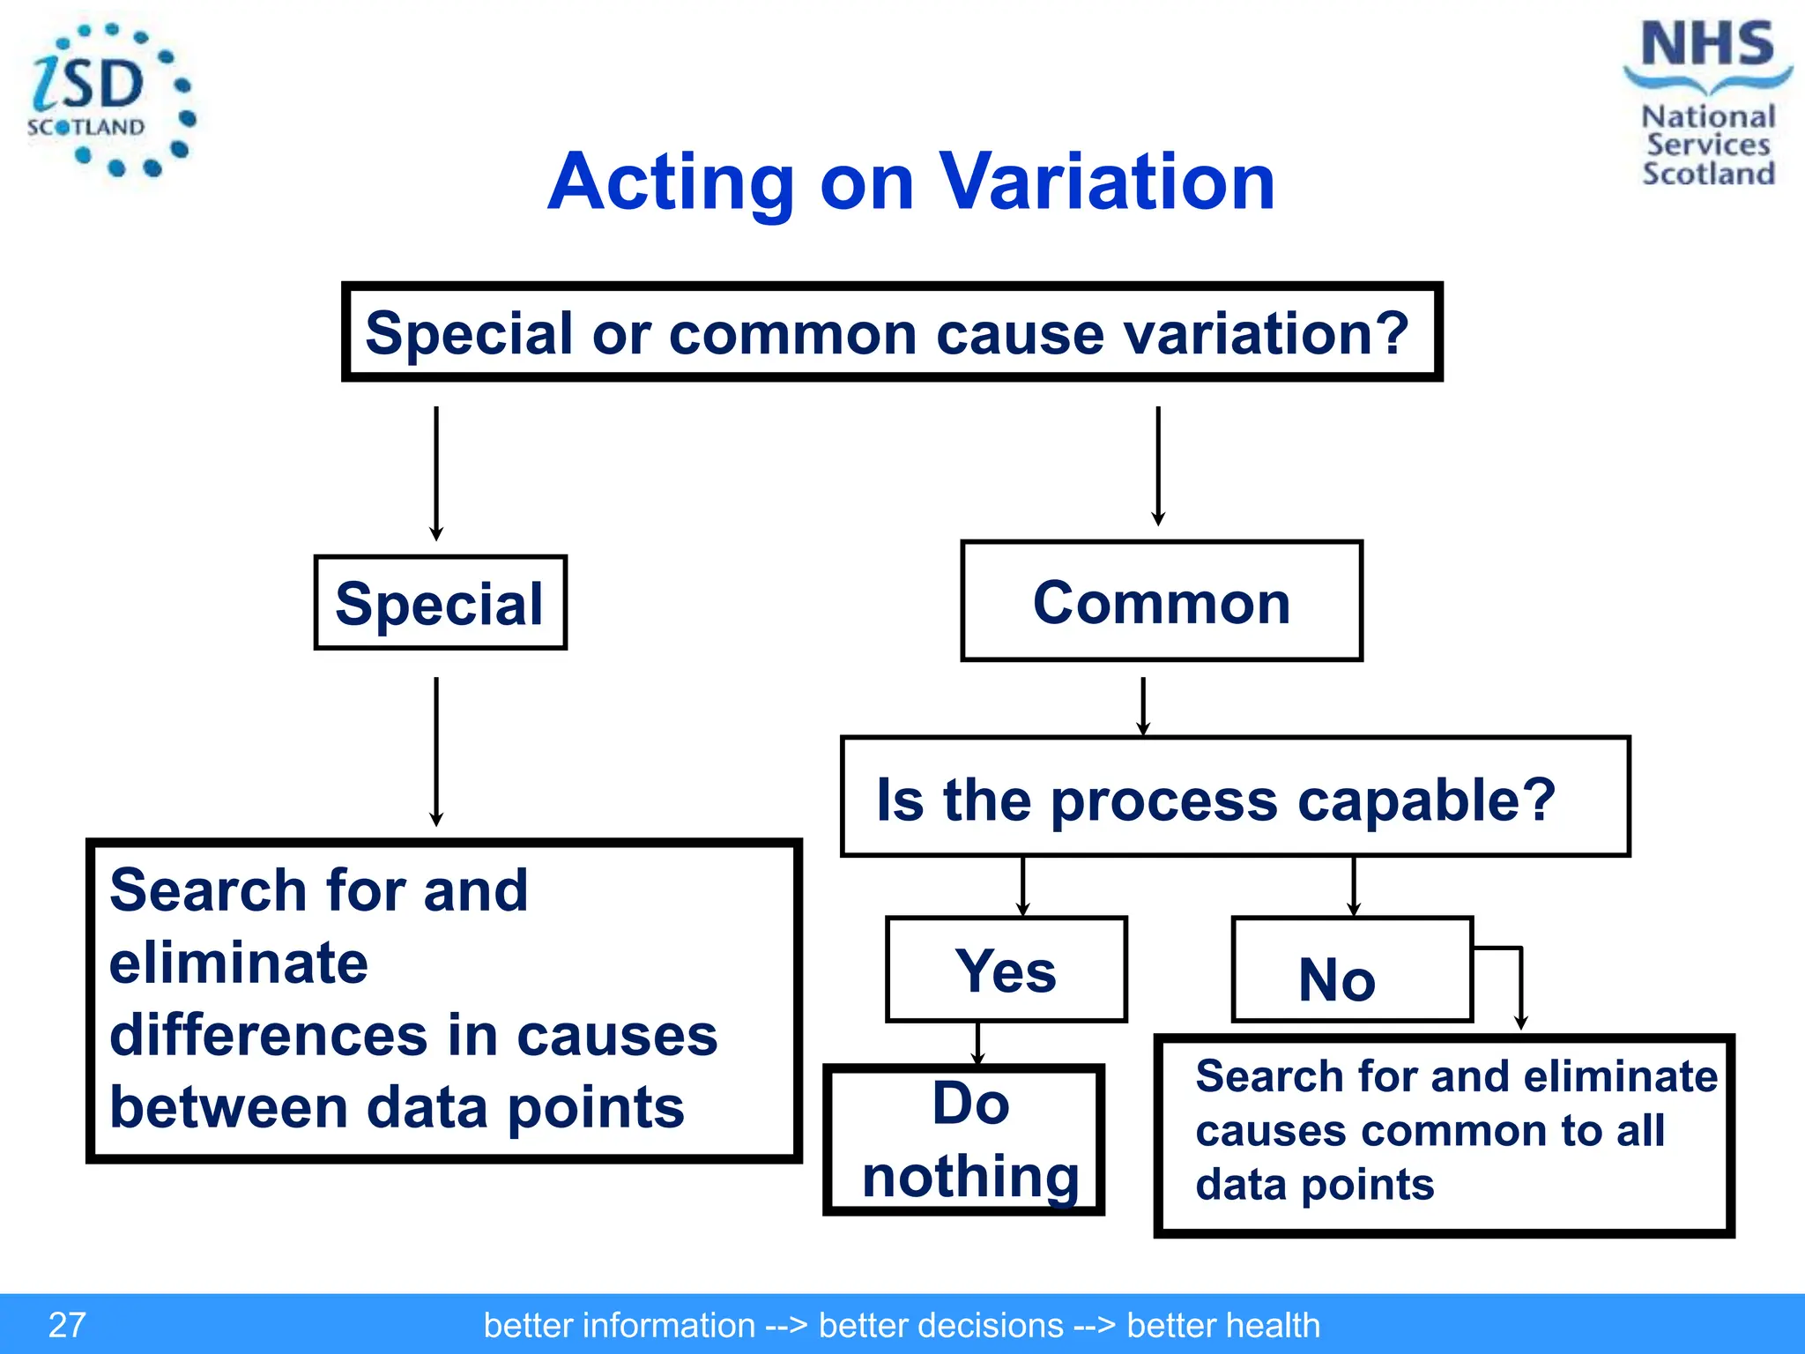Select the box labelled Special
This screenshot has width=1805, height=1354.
(440, 603)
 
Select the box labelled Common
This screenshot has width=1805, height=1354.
(1162, 601)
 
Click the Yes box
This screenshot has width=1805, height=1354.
(1006, 970)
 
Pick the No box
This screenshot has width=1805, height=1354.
(1351, 970)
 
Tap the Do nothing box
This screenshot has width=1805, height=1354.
(963, 1140)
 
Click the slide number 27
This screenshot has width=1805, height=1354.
(67, 1325)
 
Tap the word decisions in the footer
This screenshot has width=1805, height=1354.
(940, 1326)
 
